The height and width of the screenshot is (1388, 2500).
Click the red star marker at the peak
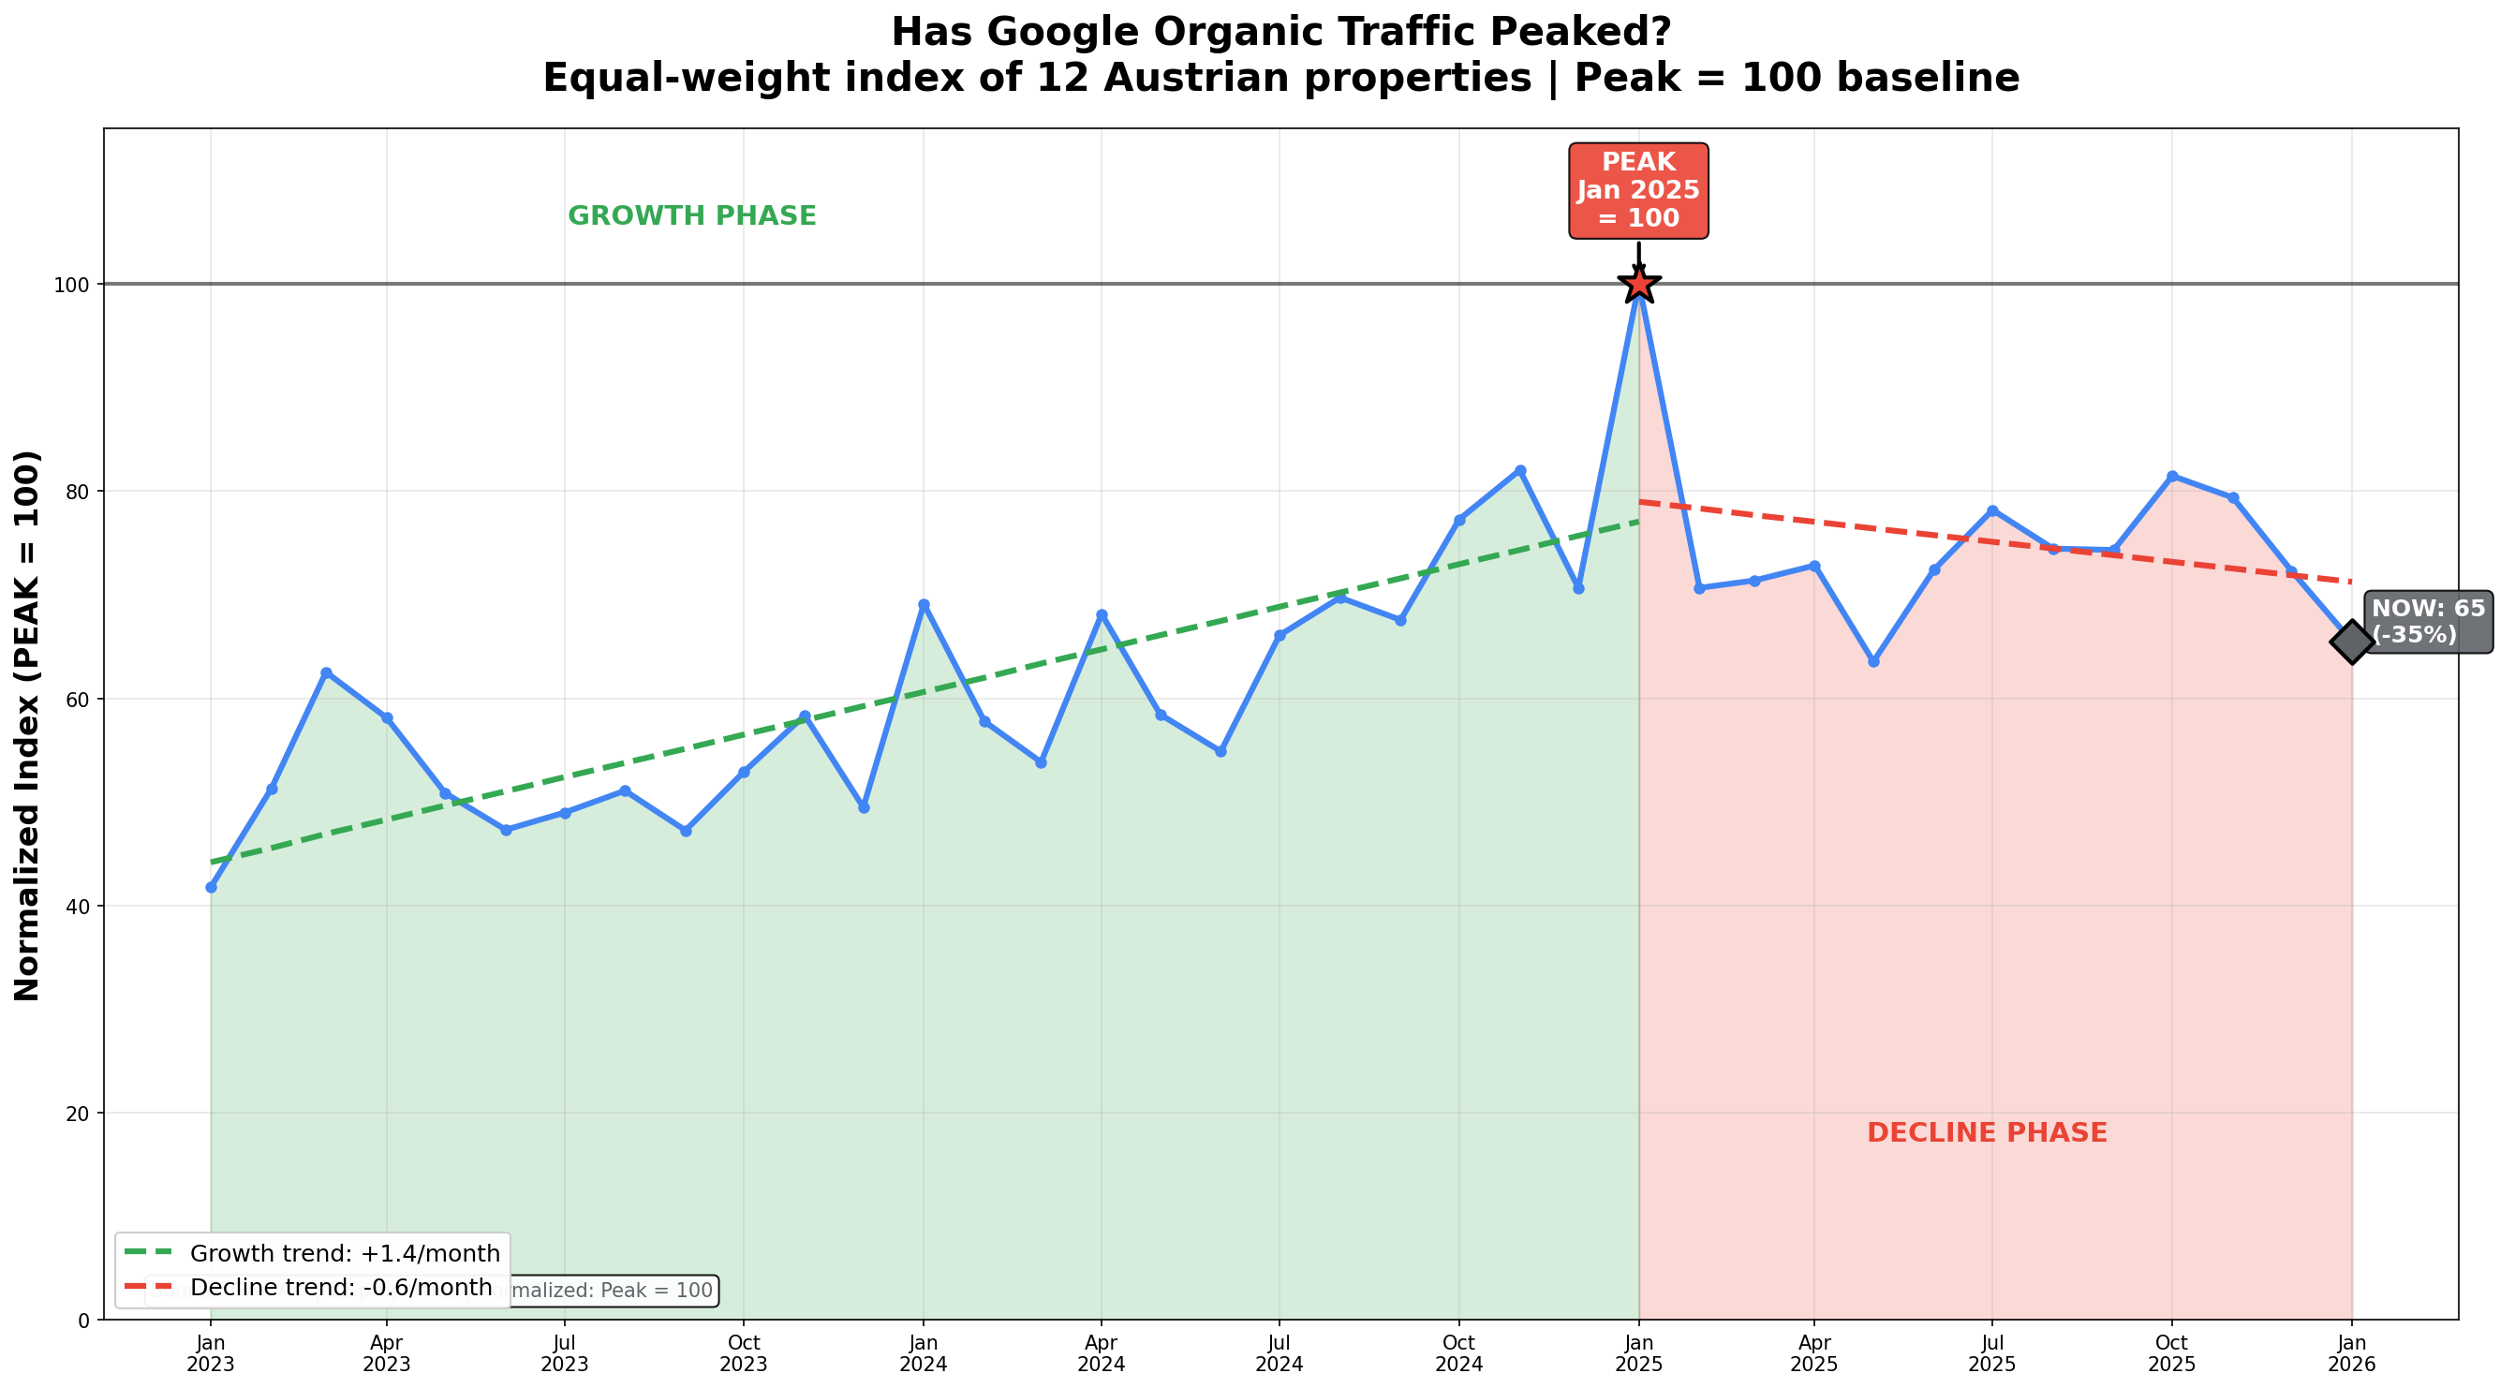[1638, 285]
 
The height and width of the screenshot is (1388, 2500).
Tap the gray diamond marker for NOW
[2350, 641]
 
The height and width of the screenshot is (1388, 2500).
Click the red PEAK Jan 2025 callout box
[1638, 190]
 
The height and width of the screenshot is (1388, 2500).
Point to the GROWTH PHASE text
[692, 216]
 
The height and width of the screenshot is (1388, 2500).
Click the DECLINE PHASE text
[1987, 1132]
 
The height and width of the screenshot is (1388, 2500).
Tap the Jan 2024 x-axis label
[923, 1353]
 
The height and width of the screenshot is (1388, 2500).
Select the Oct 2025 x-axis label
[2171, 1353]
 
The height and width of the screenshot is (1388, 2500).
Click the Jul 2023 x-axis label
[565, 1353]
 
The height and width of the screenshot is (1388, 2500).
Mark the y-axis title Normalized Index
[27, 725]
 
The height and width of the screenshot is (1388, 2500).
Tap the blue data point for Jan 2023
[211, 887]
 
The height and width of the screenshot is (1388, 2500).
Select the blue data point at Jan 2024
[923, 605]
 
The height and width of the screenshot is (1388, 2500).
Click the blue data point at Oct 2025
[2171, 477]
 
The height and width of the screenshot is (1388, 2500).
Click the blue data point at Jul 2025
[1991, 510]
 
